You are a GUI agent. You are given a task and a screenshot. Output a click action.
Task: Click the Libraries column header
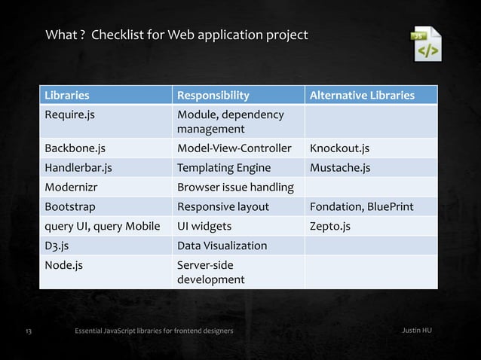(67, 96)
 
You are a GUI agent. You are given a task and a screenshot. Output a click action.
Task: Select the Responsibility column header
(213, 96)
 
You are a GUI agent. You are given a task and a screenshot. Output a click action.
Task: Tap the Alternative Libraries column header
(362, 96)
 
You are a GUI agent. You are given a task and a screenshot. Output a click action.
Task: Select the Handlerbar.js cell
(79, 167)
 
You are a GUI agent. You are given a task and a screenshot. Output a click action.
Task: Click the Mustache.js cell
(340, 167)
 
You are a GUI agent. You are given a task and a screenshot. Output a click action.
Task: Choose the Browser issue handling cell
(235, 187)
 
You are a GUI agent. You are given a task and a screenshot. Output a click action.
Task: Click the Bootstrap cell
(70, 206)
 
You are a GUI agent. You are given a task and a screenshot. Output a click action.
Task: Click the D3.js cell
(60, 246)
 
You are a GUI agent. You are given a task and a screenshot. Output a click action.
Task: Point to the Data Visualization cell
(222, 246)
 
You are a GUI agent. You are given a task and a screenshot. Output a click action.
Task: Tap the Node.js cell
(64, 265)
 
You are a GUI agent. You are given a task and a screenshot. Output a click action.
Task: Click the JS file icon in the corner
(424, 45)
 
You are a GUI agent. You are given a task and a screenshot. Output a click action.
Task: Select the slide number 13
(29, 331)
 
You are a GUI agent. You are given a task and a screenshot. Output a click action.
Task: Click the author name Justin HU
(417, 331)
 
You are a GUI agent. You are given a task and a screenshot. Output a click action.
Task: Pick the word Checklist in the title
(115, 35)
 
